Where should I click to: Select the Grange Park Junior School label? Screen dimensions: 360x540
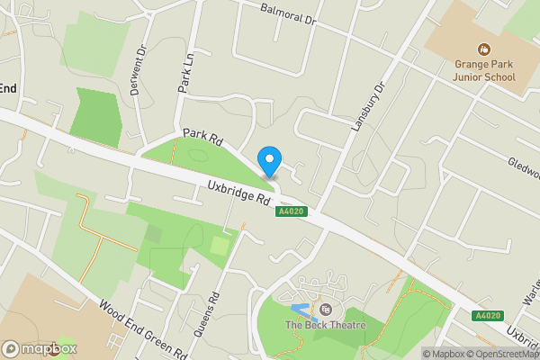tap(484, 70)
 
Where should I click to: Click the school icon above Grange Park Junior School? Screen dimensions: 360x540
tap(484, 49)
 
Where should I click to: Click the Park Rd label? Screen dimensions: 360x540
tap(202, 139)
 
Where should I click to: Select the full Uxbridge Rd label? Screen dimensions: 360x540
tap(239, 192)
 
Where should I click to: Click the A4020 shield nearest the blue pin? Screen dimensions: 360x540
tap(291, 211)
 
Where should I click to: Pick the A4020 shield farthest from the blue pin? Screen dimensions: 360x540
tap(488, 316)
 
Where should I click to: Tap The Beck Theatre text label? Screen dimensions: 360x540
tap(326, 325)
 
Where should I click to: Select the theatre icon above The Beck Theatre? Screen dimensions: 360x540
tap(326, 309)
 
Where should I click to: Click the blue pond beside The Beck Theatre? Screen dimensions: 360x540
tap(301, 310)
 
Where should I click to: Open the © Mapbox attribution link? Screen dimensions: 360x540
tap(443, 354)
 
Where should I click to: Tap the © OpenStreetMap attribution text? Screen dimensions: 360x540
tap(503, 354)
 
